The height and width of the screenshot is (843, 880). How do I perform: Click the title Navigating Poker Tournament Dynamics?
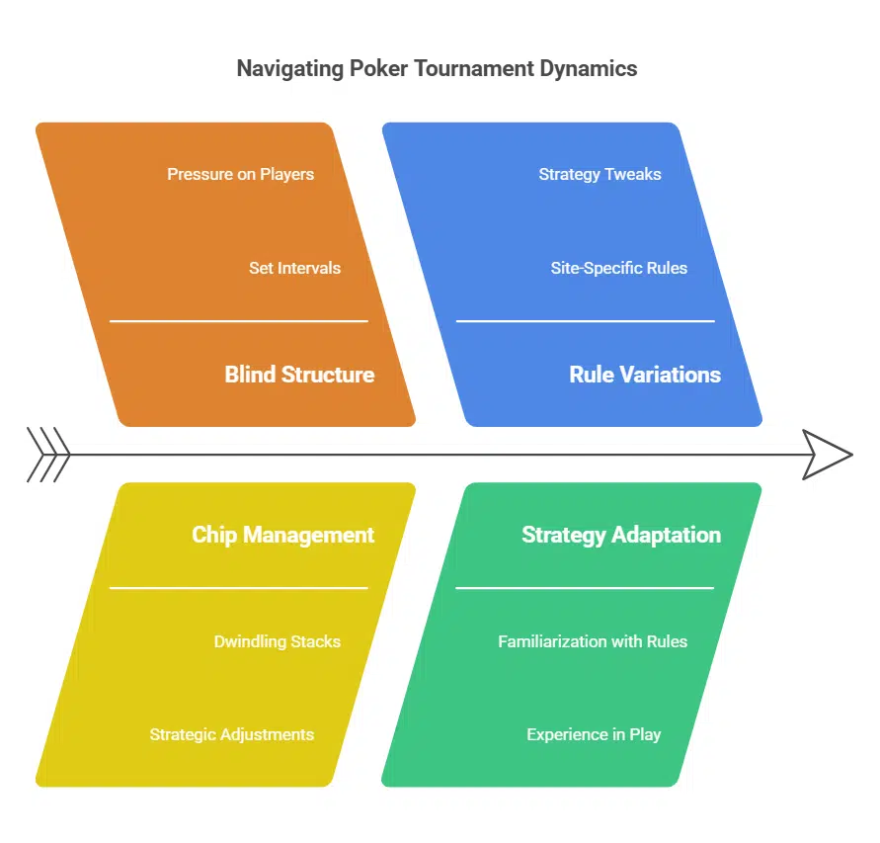point(437,68)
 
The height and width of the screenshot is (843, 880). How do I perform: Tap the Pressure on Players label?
point(240,174)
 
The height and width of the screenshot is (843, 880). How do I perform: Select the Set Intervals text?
point(294,268)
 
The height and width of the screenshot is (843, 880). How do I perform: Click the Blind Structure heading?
point(299,375)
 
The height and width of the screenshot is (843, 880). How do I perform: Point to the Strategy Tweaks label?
point(600,174)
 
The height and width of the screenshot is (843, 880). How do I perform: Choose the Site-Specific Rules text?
point(618,268)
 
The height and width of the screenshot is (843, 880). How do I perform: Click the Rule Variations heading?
point(645,375)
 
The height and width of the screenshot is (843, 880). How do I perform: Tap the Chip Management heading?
point(282,535)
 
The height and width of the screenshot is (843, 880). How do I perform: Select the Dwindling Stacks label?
point(277,641)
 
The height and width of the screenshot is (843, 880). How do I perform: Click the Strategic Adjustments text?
point(231,734)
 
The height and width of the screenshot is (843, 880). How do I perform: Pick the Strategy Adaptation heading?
point(620,535)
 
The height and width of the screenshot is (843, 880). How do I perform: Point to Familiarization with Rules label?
point(592,641)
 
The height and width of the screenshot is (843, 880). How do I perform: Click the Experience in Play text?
point(594,734)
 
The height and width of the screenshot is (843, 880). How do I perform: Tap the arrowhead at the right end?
point(827,455)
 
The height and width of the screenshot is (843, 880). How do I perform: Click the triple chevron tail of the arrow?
point(48,455)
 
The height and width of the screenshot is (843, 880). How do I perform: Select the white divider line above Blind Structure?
point(238,321)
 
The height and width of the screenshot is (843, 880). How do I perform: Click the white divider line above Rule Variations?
point(585,321)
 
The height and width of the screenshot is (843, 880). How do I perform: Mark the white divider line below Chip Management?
point(238,588)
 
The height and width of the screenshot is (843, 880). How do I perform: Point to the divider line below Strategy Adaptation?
point(585,588)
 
